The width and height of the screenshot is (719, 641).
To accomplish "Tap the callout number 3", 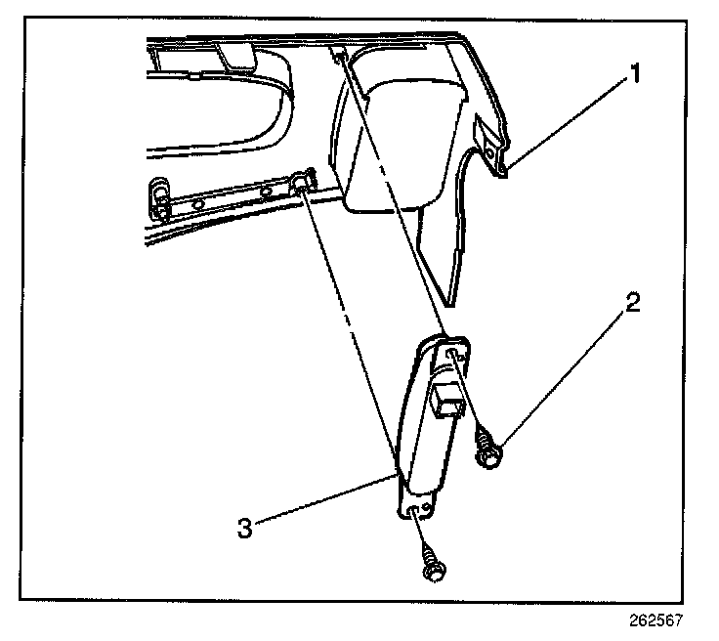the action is pyautogui.click(x=246, y=529).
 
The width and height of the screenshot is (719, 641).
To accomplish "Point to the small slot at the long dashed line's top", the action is pyautogui.click(x=336, y=56).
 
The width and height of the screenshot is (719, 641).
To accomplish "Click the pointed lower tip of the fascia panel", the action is pyautogui.click(x=451, y=299).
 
